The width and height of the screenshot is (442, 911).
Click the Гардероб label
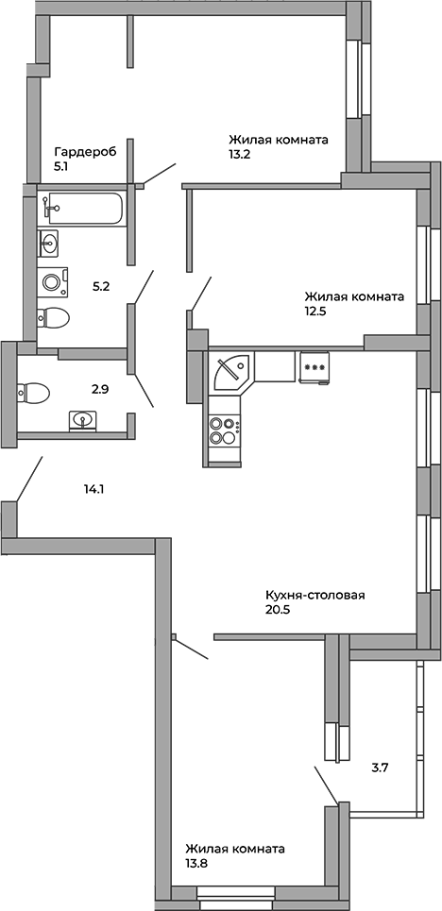pos(86,153)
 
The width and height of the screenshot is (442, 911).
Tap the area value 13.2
pos(241,155)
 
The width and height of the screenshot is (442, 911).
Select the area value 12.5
pos(315,312)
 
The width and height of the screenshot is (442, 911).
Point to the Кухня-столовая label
pos(314,596)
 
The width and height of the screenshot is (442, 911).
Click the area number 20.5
pos(278,610)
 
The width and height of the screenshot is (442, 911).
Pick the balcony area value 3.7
pos(380,768)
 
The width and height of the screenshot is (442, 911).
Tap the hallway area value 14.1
pos(93,489)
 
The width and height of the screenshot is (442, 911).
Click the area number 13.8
pos(196,864)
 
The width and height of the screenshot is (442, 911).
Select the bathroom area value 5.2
pos(101,286)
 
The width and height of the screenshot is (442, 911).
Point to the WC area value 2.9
pos(101,390)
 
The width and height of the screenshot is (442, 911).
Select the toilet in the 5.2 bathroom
pos(53,317)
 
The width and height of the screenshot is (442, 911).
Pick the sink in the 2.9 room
pos(84,419)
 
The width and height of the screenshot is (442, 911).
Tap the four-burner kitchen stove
pos(225,430)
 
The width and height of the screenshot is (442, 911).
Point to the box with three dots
pos(314,367)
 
